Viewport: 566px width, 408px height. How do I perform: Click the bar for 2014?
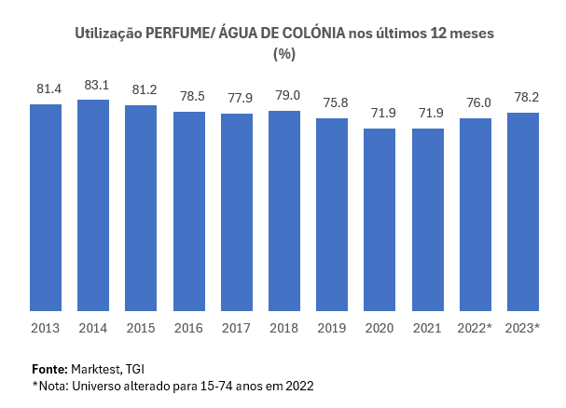93,205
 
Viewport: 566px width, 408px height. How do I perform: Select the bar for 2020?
380,219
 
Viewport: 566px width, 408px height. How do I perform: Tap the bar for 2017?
237,212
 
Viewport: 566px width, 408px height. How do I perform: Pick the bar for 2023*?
522,211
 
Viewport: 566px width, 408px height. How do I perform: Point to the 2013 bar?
46,207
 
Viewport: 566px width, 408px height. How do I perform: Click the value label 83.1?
93,86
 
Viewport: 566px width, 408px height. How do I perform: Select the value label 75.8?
332,103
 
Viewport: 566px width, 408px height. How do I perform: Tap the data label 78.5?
189,97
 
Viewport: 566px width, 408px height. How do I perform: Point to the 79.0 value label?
284,96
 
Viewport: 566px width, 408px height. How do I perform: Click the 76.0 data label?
475,103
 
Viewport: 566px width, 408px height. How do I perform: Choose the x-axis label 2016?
189,328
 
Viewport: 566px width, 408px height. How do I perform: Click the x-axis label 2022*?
475,328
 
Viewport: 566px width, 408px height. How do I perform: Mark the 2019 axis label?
332,328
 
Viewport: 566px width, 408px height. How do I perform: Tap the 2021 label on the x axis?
427,328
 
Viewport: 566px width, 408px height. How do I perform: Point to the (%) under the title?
283,54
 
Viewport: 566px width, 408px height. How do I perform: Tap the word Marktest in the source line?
98,368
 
